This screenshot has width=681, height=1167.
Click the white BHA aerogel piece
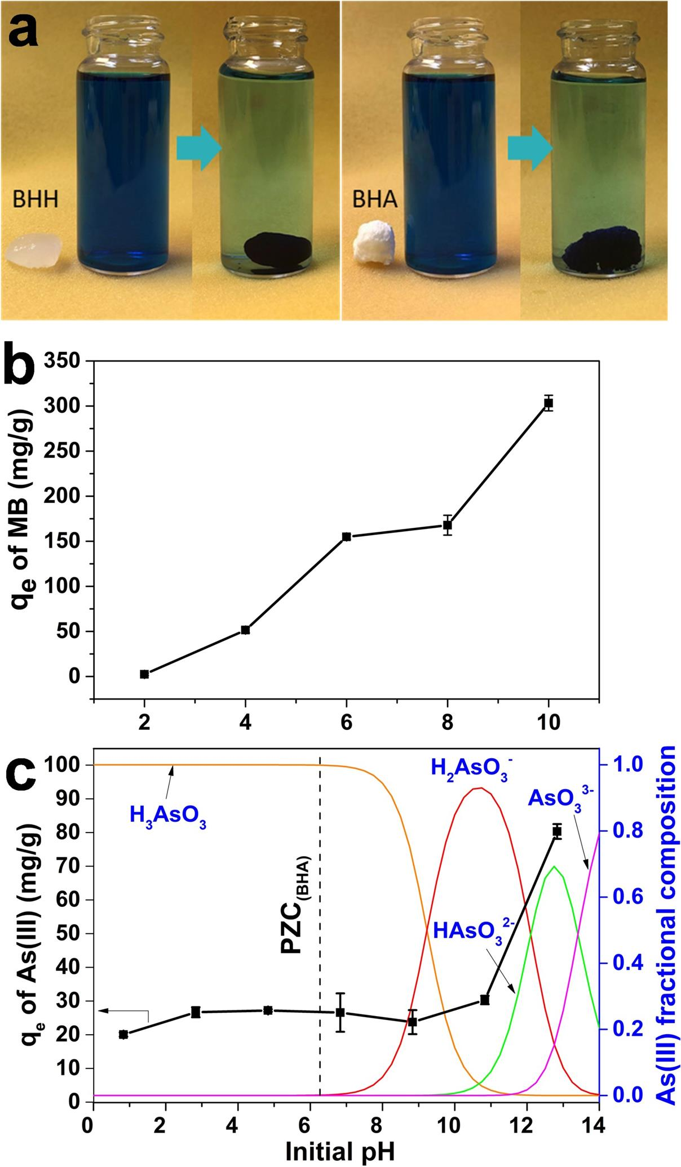tap(373, 246)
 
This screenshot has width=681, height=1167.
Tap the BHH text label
tap(36, 200)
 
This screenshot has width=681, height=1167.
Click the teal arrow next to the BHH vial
tap(197, 148)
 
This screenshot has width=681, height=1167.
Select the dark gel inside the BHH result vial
tap(277, 248)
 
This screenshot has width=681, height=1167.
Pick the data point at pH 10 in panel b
tap(548, 403)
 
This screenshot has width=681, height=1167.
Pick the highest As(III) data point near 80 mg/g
tap(557, 832)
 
